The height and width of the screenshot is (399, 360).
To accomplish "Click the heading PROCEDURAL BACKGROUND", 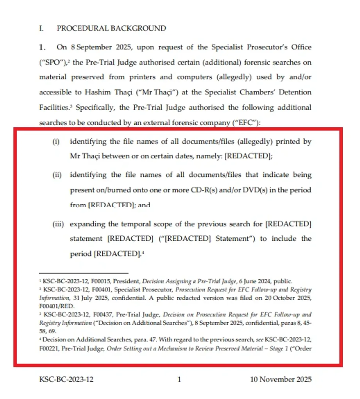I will (111, 28).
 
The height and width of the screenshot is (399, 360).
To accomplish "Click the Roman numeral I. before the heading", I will (42, 28).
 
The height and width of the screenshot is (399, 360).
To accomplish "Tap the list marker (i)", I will (56, 141).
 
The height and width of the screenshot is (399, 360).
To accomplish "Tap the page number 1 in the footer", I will (179, 379).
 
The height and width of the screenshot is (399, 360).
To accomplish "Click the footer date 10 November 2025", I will (281, 379).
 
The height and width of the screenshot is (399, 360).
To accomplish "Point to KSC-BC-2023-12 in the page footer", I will (66, 379).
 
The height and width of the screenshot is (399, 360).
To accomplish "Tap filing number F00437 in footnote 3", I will (90, 314).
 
